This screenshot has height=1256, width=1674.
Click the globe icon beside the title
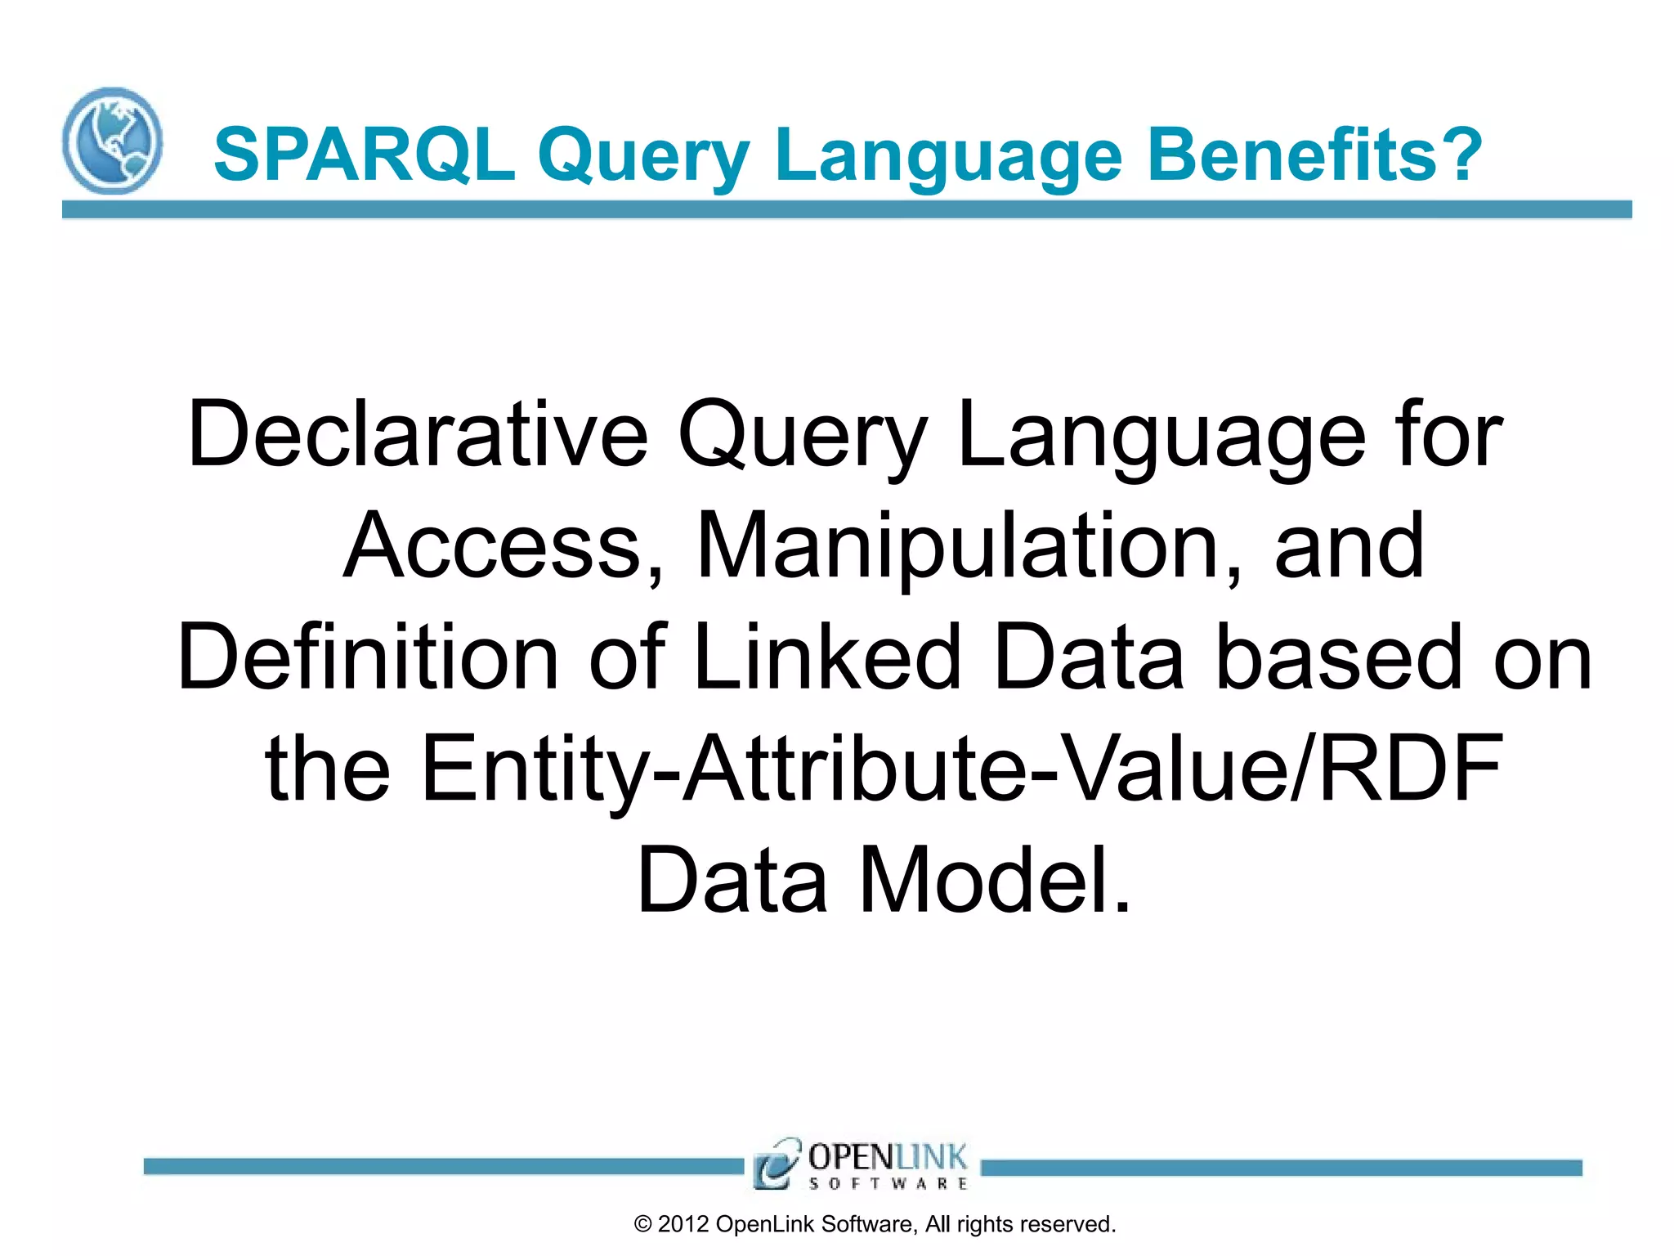pyautogui.click(x=112, y=141)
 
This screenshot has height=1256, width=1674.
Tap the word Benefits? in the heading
pyautogui.click(x=1314, y=155)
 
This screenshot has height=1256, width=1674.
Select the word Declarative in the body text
pyautogui.click(x=418, y=434)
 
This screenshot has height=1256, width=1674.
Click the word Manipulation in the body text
pyautogui.click(x=969, y=545)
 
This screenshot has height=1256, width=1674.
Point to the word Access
pyautogui.click(x=503, y=545)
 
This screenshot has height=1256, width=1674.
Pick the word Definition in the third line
pyautogui.click(x=368, y=657)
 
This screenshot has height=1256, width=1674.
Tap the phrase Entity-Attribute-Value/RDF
pyautogui.click(x=961, y=768)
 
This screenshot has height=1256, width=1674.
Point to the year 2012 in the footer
pyautogui.click(x=683, y=1224)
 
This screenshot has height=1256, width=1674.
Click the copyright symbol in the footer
pyautogui.click(x=643, y=1224)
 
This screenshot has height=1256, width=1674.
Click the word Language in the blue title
pyautogui.click(x=949, y=155)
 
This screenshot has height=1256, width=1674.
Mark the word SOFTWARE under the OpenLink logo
pyautogui.click(x=888, y=1183)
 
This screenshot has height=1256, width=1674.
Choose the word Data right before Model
pyautogui.click(x=732, y=880)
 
